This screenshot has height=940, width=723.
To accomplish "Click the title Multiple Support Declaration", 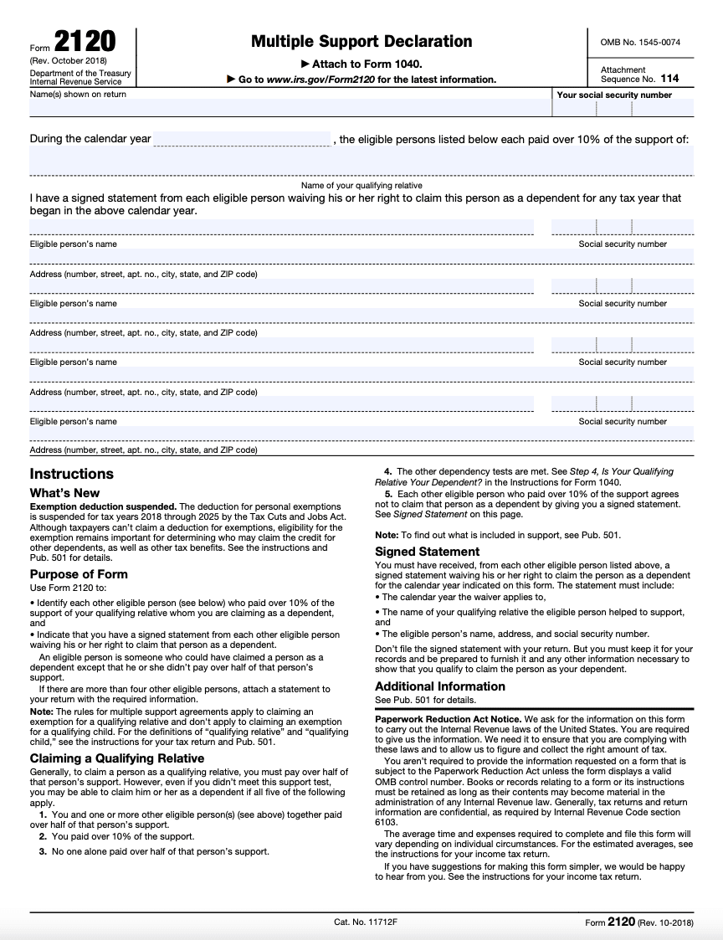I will (x=361, y=41).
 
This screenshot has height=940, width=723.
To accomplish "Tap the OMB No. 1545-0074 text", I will (x=640, y=41).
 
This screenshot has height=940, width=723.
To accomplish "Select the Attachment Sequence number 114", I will (x=669, y=79).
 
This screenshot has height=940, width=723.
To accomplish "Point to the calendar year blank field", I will (x=243, y=139).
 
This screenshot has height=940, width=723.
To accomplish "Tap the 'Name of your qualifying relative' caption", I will (x=361, y=185).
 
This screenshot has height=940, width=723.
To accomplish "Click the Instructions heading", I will (x=71, y=474).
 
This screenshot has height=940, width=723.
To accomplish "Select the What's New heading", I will (x=64, y=493).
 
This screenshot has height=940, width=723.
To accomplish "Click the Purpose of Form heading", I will (x=79, y=574).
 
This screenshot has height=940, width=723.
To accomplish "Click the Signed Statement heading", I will (x=427, y=552).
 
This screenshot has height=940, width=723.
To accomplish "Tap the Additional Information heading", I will (x=440, y=686).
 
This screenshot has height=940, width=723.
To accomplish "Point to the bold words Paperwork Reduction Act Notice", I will (x=448, y=719).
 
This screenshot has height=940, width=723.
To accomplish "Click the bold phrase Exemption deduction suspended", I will (x=103, y=506).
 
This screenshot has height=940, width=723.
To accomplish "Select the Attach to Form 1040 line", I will (x=361, y=64).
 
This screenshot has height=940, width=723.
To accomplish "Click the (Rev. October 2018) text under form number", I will (x=69, y=62).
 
